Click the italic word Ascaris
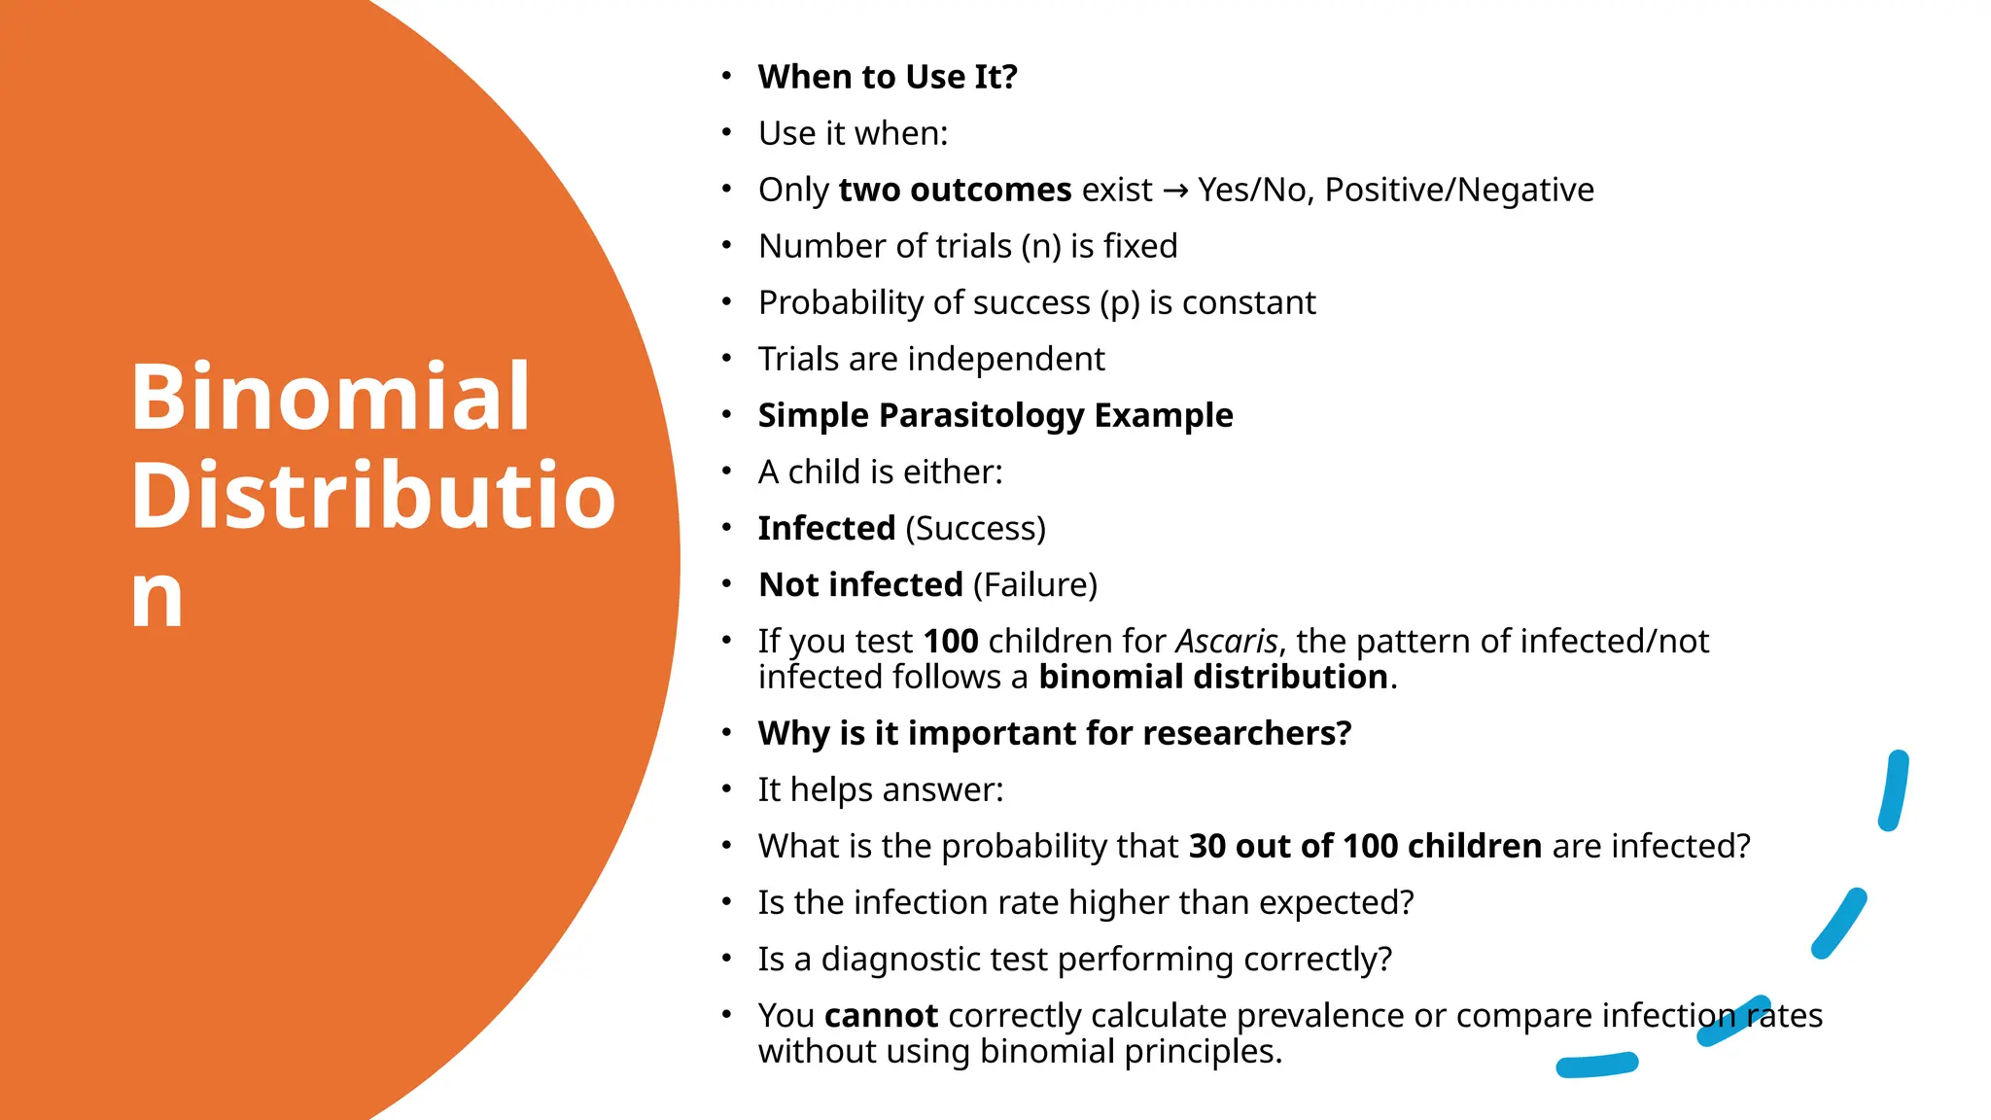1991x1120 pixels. (1226, 642)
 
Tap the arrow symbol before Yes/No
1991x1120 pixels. (1174, 191)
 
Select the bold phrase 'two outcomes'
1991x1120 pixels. (955, 191)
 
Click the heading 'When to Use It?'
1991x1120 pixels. (887, 77)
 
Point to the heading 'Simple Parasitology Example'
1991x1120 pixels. (995, 415)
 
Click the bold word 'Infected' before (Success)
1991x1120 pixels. (826, 528)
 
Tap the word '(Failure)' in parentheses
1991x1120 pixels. (1034, 585)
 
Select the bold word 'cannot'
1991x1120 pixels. (880, 1016)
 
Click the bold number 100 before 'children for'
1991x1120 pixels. (950, 642)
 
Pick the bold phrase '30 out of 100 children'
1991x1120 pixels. (1364, 847)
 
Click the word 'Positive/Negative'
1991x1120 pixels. (1458, 191)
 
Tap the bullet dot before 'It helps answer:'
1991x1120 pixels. (726, 788)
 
